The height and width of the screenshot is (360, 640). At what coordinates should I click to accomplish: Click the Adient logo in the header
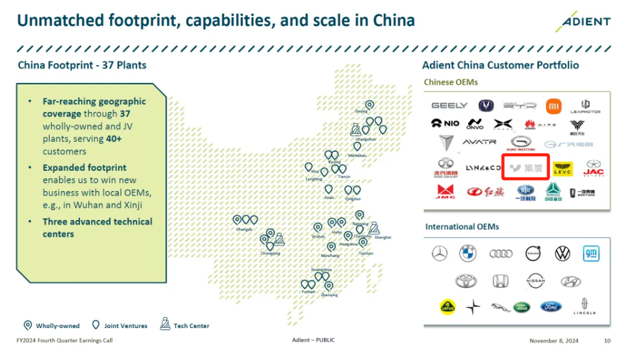583,22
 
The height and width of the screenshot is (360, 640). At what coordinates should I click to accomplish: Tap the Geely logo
449,106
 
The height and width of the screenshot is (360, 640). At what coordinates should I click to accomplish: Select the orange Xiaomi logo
554,106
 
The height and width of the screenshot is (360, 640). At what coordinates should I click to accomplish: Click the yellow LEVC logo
563,169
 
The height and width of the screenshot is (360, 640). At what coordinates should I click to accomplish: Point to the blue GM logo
591,253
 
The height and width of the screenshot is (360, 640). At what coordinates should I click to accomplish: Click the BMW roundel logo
467,253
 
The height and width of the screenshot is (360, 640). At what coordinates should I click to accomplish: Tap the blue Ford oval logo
551,306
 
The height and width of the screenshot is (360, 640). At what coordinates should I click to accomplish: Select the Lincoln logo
584,306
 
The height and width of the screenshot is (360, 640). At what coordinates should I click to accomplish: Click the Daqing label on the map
361,112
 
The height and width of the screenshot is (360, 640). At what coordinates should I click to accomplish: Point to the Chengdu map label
244,229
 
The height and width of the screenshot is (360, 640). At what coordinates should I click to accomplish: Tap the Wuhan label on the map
318,237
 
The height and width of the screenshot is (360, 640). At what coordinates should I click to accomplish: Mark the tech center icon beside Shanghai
373,228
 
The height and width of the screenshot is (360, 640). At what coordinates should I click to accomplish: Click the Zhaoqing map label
329,295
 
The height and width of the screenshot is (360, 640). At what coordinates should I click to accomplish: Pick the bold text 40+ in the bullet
114,139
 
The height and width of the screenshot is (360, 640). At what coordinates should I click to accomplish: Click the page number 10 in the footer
607,340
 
